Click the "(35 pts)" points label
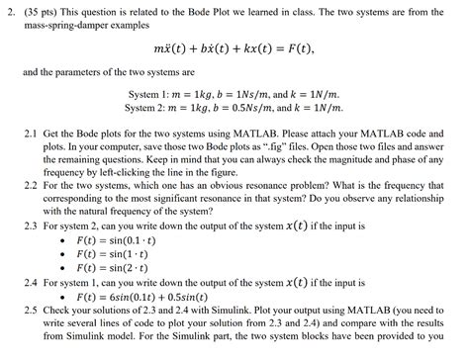(42, 9)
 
